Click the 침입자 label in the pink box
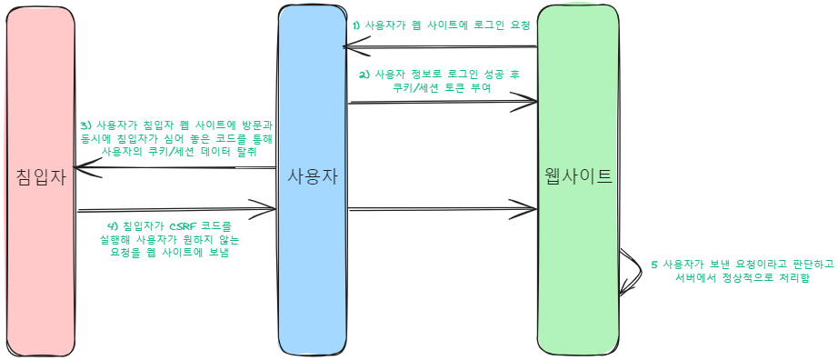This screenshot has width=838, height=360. pyautogui.click(x=42, y=176)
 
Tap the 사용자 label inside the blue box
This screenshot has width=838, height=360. pyautogui.click(x=313, y=176)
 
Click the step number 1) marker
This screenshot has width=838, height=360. pyautogui.click(x=357, y=25)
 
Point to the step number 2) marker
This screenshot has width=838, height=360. pyautogui.click(x=364, y=75)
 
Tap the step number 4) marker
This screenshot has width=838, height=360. pyautogui.click(x=112, y=225)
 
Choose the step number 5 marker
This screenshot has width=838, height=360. pyautogui.click(x=653, y=265)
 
